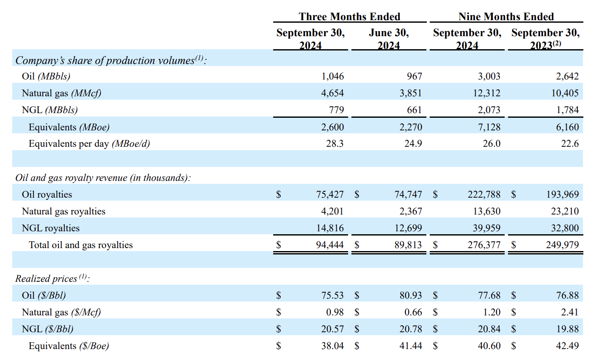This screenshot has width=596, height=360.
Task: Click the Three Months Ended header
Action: (x=349, y=16)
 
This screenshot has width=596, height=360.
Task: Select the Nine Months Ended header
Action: (x=506, y=16)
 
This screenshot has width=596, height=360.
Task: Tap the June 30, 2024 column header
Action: (x=388, y=39)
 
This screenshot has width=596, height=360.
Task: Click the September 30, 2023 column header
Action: (x=545, y=39)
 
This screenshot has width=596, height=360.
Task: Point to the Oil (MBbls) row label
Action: (x=46, y=76)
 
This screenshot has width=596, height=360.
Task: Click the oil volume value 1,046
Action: (x=333, y=76)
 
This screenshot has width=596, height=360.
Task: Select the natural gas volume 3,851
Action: (x=410, y=93)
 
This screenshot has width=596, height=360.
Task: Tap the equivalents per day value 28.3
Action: (x=335, y=144)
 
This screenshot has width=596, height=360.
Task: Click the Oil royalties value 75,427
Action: (x=330, y=194)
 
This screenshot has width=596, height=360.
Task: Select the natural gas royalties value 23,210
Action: (x=565, y=211)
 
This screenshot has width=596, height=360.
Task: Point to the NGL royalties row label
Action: (x=51, y=228)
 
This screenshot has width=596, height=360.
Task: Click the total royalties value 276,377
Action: (x=484, y=245)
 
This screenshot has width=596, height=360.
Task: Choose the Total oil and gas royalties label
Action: (x=80, y=245)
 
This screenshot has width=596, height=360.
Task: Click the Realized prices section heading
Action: (x=52, y=278)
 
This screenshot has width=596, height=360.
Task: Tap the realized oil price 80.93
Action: (x=410, y=295)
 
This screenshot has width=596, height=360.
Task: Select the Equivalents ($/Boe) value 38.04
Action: (x=332, y=346)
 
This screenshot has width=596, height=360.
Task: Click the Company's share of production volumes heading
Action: (x=111, y=60)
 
